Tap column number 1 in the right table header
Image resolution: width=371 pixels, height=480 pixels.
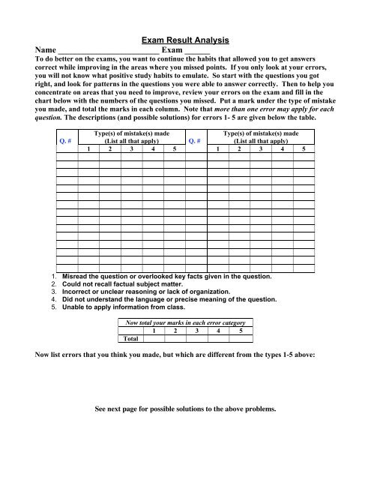click(217, 148)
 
